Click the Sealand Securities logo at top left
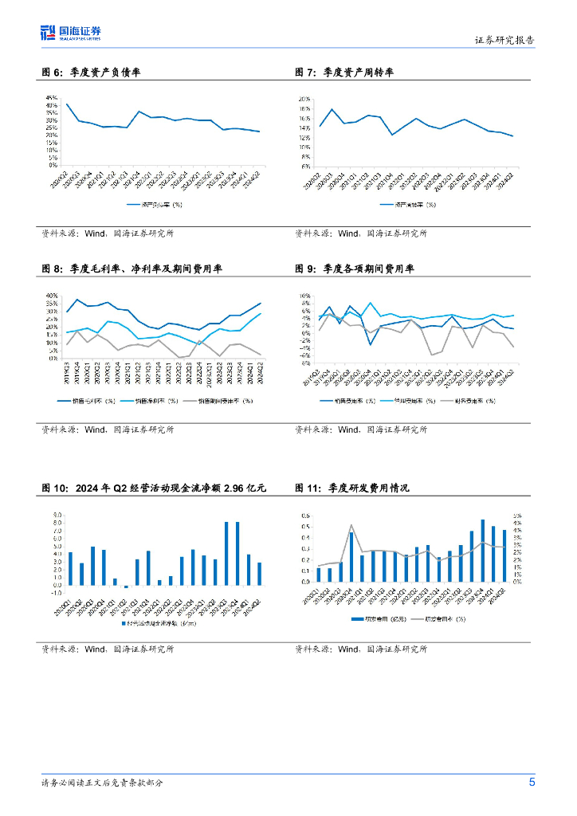(x=71, y=33)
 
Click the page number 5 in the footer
(x=532, y=781)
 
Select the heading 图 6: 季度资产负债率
(x=91, y=73)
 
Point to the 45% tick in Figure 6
(x=52, y=97)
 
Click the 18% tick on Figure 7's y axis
(x=304, y=109)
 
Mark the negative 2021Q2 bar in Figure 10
(x=126, y=586)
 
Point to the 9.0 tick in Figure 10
(x=57, y=515)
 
